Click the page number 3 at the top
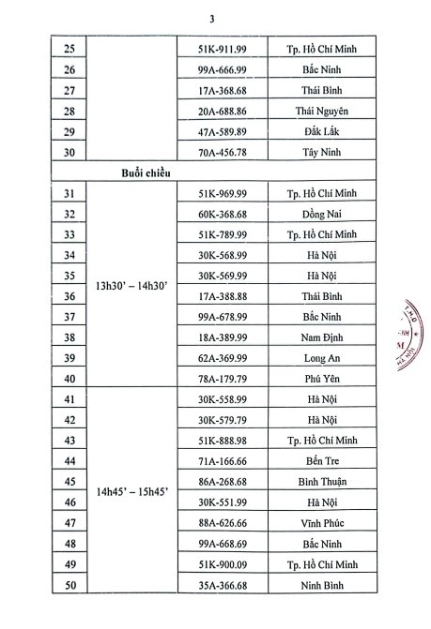[x=214, y=14]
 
